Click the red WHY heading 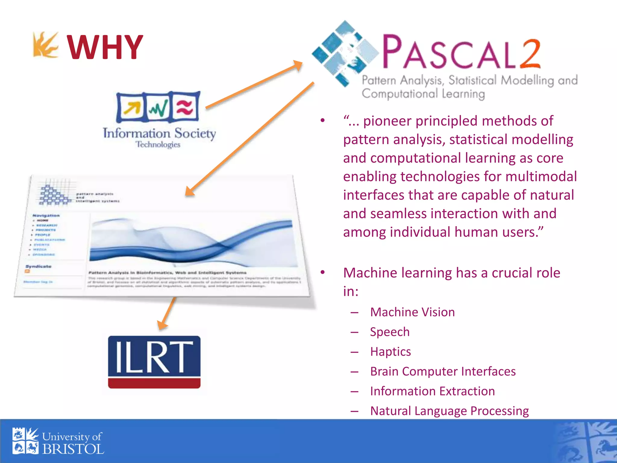(x=105, y=48)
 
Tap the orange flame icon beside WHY (x=45, y=45)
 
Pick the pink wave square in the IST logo (x=184, y=107)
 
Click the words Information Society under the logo (x=159, y=133)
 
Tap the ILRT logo (x=154, y=362)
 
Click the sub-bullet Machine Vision (x=412, y=312)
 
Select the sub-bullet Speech (x=390, y=332)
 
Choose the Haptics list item (x=390, y=352)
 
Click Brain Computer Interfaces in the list (x=443, y=371)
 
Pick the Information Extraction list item (x=432, y=391)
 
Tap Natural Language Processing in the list (x=449, y=411)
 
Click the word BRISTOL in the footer (x=73, y=449)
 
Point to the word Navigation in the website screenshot (x=46, y=216)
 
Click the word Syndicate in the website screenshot (x=39, y=266)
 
